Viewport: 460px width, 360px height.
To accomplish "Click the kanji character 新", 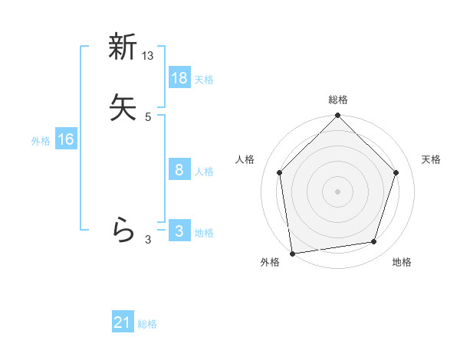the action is click(123, 47).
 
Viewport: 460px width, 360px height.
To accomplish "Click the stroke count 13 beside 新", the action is click(148, 56).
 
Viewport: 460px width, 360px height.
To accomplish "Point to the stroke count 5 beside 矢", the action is click(148, 116).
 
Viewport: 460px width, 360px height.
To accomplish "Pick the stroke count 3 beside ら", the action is click(148, 240).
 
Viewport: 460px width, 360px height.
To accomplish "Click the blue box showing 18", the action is click(179, 78).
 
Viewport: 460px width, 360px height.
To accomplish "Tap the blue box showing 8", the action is click(179, 170).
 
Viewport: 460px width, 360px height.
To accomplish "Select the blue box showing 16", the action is click(66, 139).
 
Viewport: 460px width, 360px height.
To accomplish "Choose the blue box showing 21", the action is click(123, 323).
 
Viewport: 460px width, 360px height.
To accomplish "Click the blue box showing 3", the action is click(179, 231).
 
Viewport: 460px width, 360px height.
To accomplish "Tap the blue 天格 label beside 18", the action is click(204, 80).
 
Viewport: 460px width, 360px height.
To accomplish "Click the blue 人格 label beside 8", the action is click(204, 172).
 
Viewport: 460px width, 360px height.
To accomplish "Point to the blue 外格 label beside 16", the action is click(41, 141).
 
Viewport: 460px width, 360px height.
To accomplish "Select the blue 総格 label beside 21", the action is click(147, 325).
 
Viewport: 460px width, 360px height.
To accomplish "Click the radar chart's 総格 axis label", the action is click(338, 100).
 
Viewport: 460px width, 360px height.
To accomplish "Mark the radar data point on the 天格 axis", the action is click(396, 172).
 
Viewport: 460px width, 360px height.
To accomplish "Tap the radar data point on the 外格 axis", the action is click(292, 253).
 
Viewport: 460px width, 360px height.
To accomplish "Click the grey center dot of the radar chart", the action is click(337, 191).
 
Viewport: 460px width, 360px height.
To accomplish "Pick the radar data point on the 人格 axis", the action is click(279, 172).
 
